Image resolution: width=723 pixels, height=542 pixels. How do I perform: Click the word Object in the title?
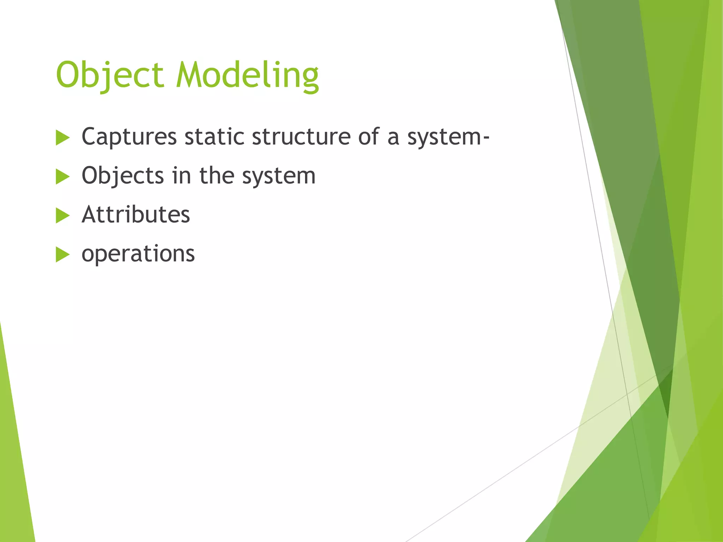(x=110, y=75)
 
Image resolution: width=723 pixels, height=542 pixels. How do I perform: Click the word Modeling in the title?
(x=247, y=75)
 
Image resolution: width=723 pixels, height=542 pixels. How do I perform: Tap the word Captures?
(x=129, y=137)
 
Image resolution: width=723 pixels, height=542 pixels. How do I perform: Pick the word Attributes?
(x=136, y=215)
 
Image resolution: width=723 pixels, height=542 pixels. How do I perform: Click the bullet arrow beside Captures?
(x=62, y=138)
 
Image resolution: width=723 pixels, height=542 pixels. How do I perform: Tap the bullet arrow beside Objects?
(x=62, y=176)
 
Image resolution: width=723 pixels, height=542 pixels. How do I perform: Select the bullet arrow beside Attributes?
(x=62, y=216)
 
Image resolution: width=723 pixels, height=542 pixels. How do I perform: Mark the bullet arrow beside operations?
(x=62, y=254)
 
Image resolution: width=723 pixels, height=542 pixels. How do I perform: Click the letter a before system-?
(x=393, y=138)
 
